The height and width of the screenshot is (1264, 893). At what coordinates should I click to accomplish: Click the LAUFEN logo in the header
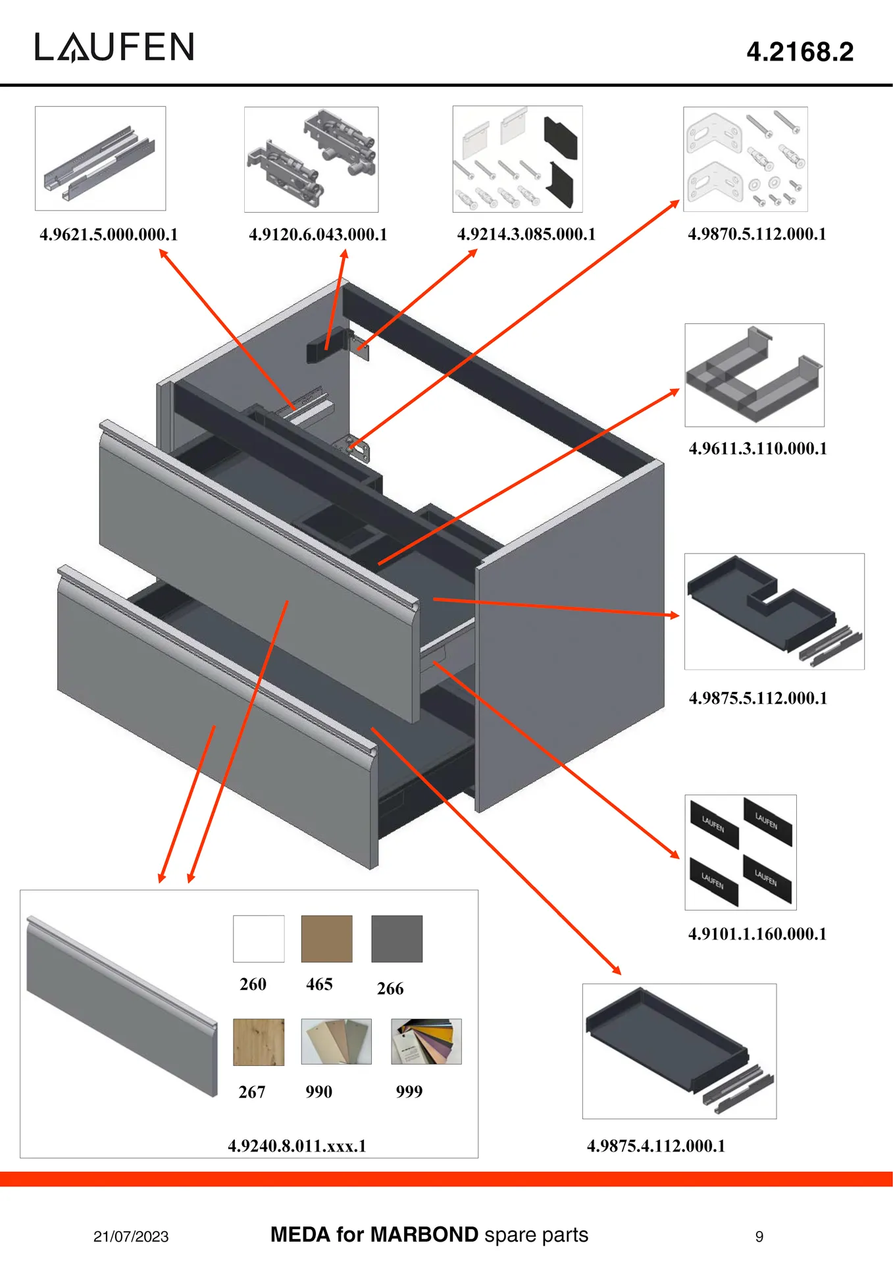tap(115, 47)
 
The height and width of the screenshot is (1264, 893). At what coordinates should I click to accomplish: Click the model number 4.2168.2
tap(800, 52)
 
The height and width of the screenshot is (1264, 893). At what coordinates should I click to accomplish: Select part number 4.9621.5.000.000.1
tap(109, 234)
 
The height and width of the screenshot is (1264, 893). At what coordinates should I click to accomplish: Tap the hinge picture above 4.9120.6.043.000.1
tap(311, 159)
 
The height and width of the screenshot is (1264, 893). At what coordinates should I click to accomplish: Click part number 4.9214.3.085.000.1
tap(526, 234)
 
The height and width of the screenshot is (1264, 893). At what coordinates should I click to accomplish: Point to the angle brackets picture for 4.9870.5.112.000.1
tap(745, 159)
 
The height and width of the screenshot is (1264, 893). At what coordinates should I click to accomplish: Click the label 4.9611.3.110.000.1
tap(757, 448)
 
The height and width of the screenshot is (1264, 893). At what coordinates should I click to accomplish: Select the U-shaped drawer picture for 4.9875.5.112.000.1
tap(774, 611)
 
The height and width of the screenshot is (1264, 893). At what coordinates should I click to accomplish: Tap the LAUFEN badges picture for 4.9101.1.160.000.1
tap(740, 852)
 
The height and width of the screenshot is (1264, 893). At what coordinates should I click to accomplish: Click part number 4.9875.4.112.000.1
tap(656, 1145)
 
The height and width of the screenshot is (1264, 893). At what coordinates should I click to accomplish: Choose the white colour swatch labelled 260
tap(259, 938)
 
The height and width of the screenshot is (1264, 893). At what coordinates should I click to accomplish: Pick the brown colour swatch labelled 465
tap(326, 938)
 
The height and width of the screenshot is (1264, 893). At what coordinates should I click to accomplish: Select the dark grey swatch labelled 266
tap(397, 938)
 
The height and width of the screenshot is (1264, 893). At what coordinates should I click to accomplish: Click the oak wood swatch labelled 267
tap(259, 1041)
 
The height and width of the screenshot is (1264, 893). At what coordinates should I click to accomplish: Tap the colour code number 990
tap(319, 1092)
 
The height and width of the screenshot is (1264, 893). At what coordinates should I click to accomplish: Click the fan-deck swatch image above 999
tap(426, 1041)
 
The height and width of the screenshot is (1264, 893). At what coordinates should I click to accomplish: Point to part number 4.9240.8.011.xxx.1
tap(297, 1145)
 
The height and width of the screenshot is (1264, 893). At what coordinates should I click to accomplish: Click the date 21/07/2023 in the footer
tap(131, 1236)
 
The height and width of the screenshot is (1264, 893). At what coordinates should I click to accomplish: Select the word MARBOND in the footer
tap(424, 1234)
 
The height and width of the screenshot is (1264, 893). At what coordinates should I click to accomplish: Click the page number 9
tap(759, 1236)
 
